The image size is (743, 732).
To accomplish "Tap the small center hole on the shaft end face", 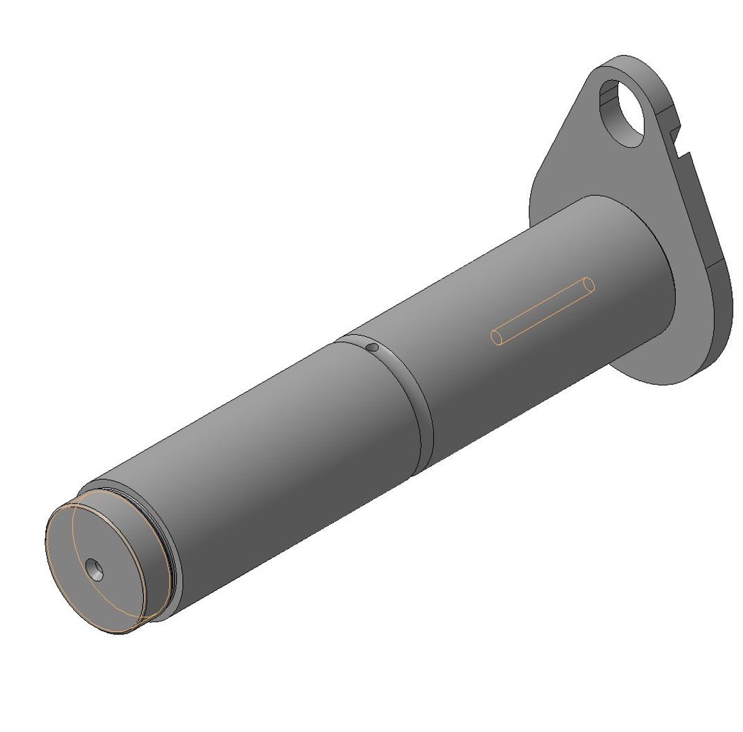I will (x=96, y=571).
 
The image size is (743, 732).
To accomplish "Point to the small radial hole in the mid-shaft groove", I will (x=371, y=347).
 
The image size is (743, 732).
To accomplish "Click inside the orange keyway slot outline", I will (x=542, y=312).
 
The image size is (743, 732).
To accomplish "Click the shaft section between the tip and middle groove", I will (x=271, y=461).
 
